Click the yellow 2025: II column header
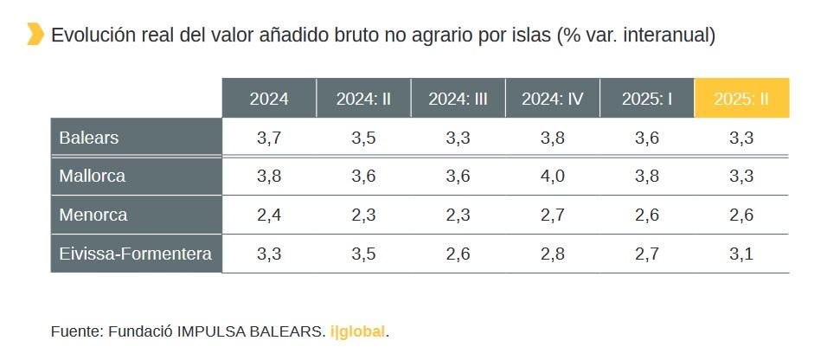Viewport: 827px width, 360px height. coord(741,99)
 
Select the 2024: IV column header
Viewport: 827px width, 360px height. coord(553,99)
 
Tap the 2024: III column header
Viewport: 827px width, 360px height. coord(458,99)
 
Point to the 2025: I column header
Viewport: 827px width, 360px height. coord(647,99)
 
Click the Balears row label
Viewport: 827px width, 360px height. coord(89,138)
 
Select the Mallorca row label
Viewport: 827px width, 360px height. coord(93,176)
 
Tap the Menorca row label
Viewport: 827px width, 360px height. coord(93,215)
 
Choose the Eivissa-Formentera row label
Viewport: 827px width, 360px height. coord(136,254)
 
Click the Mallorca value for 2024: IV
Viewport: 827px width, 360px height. coord(553,176)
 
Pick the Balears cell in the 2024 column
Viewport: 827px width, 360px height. coord(269,138)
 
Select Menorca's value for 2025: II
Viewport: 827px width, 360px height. coord(741,215)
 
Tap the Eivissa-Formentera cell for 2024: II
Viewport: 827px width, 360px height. coord(363,254)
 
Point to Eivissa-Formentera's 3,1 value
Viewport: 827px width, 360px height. coord(741,254)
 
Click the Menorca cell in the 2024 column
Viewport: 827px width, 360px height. coord(269,215)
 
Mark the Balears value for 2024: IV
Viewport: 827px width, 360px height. coord(553,138)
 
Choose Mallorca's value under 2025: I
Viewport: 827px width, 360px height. coord(647,176)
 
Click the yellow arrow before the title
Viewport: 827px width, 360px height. coord(35,35)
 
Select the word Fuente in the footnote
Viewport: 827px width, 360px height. coord(76,331)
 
